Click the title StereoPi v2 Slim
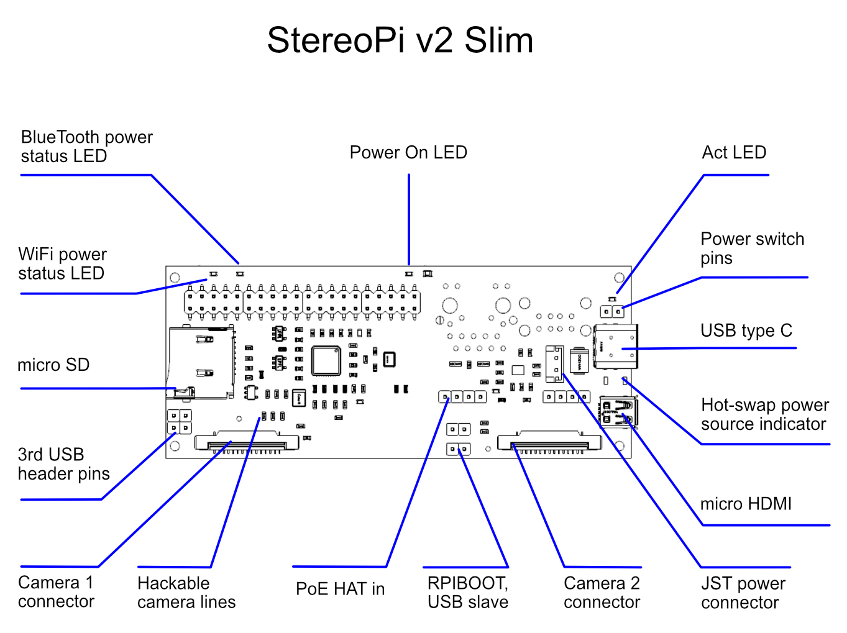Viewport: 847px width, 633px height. tap(400, 41)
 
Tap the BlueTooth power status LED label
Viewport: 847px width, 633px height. tap(86, 147)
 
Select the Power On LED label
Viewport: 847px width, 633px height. tap(408, 153)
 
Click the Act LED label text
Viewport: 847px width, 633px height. tap(733, 153)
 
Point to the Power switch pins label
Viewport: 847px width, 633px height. tap(752, 248)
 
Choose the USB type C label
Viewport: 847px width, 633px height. tap(746, 330)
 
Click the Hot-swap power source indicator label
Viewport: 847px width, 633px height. tap(764, 414)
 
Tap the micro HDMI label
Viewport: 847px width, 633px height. tap(746, 504)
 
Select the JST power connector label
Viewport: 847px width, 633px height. tap(743, 593)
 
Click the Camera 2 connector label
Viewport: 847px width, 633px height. tap(602, 593)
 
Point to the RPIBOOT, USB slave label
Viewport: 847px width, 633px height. tap(467, 593)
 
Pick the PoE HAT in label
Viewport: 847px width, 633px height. tap(340, 589)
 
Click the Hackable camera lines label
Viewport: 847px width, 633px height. tap(186, 593)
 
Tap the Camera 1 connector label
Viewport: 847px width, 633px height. tap(56, 592)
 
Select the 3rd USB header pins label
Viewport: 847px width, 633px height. tap(63, 464)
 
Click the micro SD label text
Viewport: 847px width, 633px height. tap(53, 365)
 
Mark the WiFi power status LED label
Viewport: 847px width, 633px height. tap(62, 264)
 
